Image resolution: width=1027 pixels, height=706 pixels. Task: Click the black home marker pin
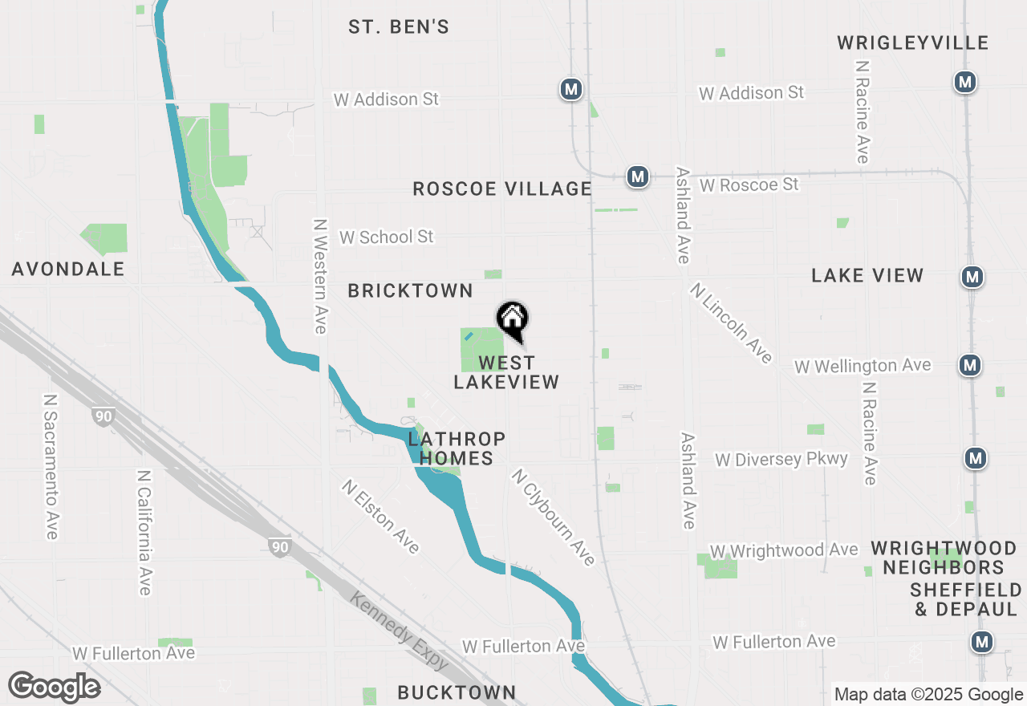[512, 319]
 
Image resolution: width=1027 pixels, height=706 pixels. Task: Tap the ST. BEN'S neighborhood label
[399, 26]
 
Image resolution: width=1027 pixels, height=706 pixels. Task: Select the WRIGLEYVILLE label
[912, 43]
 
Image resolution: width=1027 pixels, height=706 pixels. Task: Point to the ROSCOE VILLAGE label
[502, 189]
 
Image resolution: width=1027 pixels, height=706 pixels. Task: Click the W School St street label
[386, 237]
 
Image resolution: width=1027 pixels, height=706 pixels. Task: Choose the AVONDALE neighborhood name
[68, 269]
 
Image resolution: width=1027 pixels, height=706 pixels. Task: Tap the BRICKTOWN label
[410, 290]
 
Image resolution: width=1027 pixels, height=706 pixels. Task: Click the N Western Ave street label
[320, 276]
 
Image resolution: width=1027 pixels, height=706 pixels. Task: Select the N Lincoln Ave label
[730, 322]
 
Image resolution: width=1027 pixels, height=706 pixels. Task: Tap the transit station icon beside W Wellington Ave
[970, 365]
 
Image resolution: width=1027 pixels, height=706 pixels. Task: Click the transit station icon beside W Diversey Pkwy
[975, 458]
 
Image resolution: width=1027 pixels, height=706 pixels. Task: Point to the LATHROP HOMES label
[457, 448]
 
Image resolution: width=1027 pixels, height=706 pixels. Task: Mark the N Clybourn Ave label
[553, 517]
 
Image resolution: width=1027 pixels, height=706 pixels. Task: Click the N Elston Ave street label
[380, 517]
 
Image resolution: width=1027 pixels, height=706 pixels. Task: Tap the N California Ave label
[144, 533]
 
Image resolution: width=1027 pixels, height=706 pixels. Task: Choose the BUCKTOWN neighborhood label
[457, 692]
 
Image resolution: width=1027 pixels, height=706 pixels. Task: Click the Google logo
[54, 687]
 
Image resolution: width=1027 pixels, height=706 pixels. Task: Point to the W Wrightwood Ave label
[784, 550]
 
